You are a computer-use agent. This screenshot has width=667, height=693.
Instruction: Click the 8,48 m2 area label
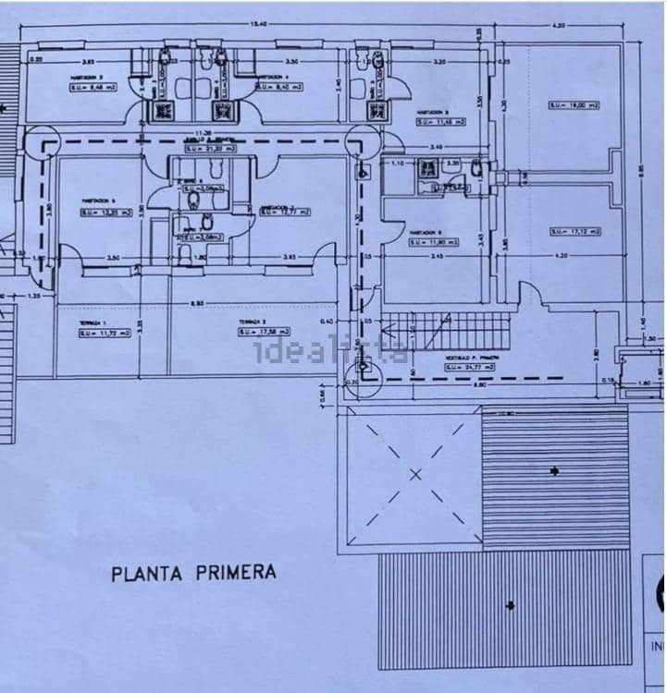click(89, 88)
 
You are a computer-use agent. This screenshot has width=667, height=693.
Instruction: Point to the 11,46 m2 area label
click(438, 120)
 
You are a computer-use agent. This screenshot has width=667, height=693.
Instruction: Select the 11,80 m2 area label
click(433, 244)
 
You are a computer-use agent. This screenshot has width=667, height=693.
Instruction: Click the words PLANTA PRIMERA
click(193, 573)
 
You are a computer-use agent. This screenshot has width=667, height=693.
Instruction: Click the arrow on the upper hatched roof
click(553, 472)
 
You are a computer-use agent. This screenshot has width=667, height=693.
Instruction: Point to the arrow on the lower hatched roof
click(510, 606)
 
